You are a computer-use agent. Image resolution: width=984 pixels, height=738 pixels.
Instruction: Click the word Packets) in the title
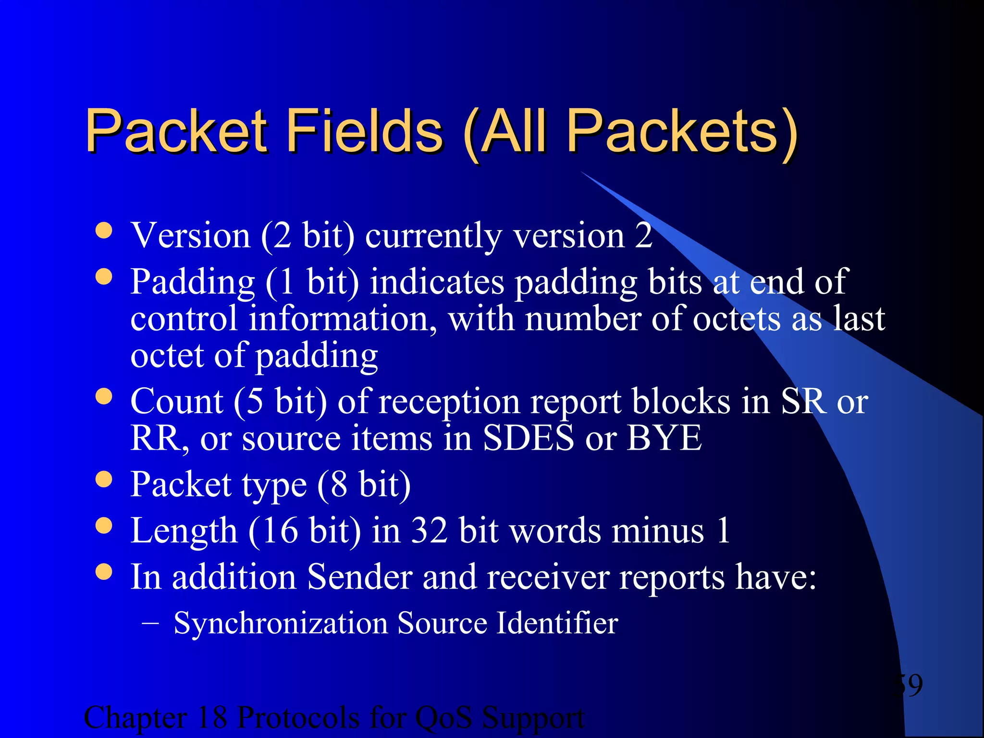682,131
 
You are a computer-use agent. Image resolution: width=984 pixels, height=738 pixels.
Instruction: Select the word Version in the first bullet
190,236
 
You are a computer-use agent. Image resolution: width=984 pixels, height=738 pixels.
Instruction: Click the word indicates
437,282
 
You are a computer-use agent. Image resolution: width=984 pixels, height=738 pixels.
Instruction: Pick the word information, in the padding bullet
343,319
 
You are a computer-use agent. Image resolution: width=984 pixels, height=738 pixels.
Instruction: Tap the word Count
176,402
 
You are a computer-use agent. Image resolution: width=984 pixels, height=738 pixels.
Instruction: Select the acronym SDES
528,438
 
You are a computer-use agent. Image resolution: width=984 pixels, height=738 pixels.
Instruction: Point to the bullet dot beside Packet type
104,479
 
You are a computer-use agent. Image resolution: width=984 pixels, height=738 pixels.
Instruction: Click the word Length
184,531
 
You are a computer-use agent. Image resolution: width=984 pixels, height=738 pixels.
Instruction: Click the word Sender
359,577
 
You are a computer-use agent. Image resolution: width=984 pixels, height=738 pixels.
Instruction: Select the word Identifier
556,623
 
